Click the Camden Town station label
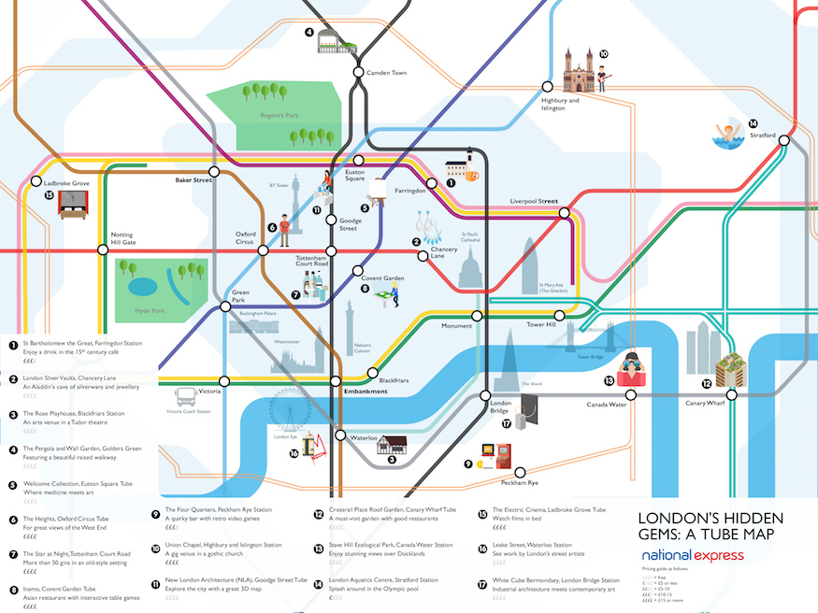click(386, 72)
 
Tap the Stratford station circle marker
click(785, 140)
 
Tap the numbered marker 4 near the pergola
click(309, 32)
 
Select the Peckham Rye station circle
click(521, 473)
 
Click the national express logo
click(693, 555)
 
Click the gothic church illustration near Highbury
click(579, 70)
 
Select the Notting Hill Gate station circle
click(103, 249)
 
